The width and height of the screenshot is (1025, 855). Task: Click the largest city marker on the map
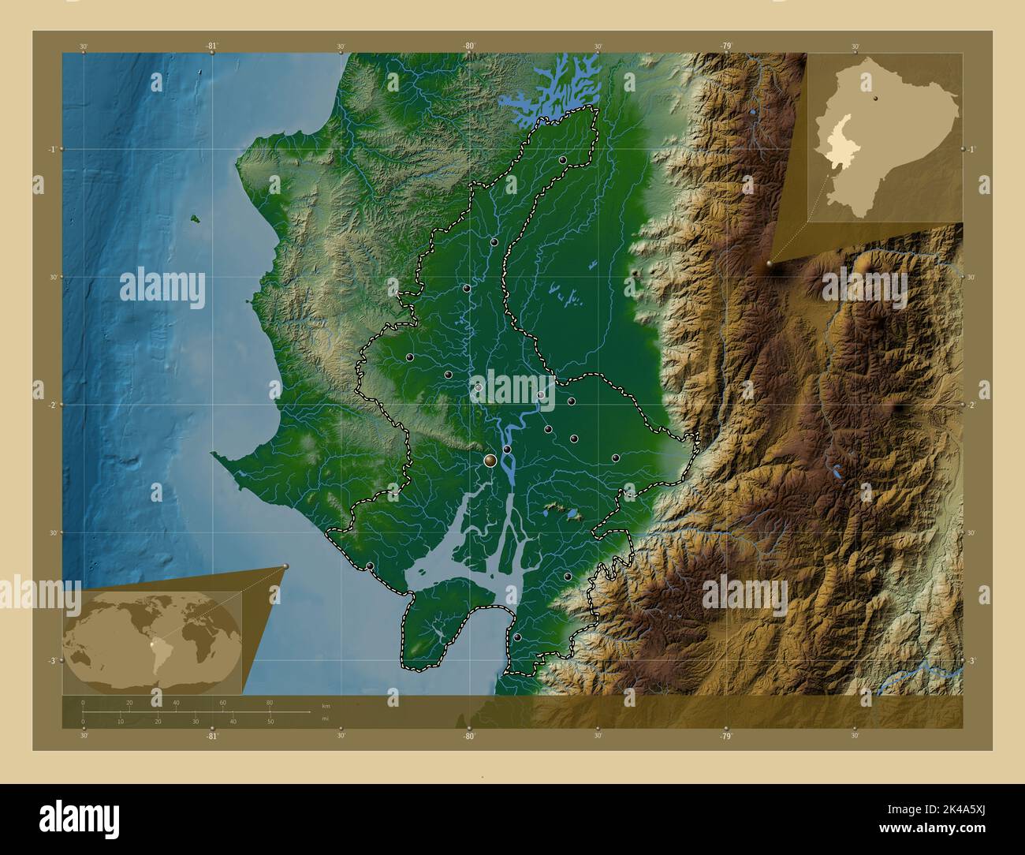pyautogui.click(x=490, y=460)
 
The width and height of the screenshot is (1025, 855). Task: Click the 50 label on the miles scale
pyautogui.click(x=270, y=721)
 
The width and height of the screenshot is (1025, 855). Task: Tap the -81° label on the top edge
pyautogui.click(x=212, y=47)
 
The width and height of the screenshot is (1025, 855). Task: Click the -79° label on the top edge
pyautogui.click(x=725, y=47)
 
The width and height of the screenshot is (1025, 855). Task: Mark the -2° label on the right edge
pyautogui.click(x=972, y=405)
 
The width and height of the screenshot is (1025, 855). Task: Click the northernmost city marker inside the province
pyautogui.click(x=563, y=160)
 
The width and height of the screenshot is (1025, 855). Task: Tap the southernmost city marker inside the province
pyautogui.click(x=517, y=637)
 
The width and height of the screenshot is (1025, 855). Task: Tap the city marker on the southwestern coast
pyautogui.click(x=370, y=566)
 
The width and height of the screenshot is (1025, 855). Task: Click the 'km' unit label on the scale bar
pyautogui.click(x=326, y=704)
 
